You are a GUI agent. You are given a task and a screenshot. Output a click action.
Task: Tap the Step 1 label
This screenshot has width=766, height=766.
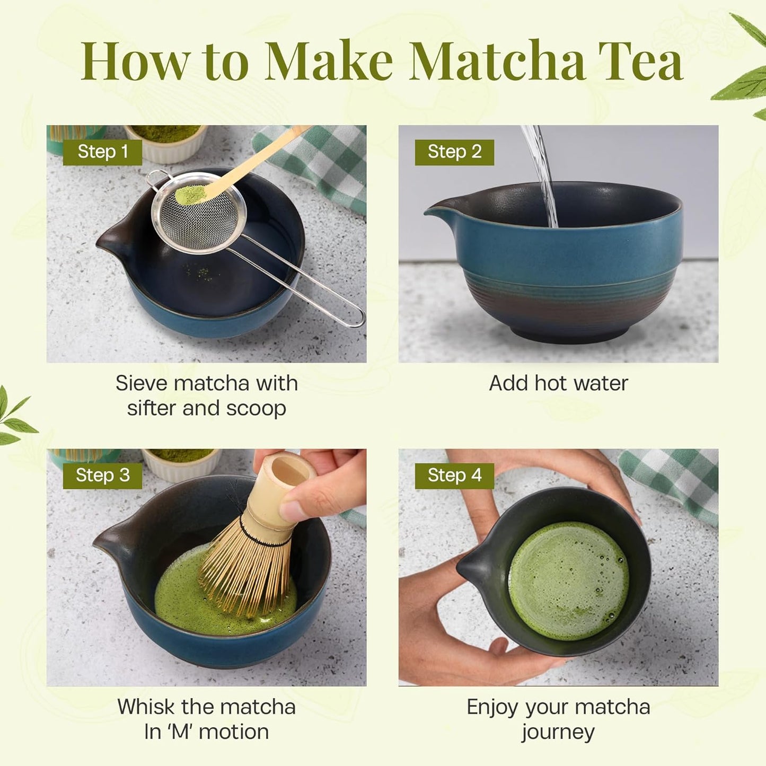[102, 152]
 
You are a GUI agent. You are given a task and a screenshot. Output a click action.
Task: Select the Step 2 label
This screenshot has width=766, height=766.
[454, 152]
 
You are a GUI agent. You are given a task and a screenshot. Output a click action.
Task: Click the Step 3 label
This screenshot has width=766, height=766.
[102, 476]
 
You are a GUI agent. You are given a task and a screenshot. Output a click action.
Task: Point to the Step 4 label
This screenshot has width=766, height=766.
[454, 476]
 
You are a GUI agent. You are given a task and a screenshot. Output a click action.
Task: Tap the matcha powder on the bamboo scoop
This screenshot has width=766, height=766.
[190, 193]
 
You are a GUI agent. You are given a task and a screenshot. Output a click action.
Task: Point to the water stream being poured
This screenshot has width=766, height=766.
[543, 175]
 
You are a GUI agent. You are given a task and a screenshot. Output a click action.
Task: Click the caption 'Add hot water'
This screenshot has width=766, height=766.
[558, 383]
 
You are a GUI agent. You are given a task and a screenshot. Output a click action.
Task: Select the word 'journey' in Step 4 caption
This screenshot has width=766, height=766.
[558, 733]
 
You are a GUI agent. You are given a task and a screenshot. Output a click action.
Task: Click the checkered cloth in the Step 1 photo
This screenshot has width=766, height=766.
[318, 159]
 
